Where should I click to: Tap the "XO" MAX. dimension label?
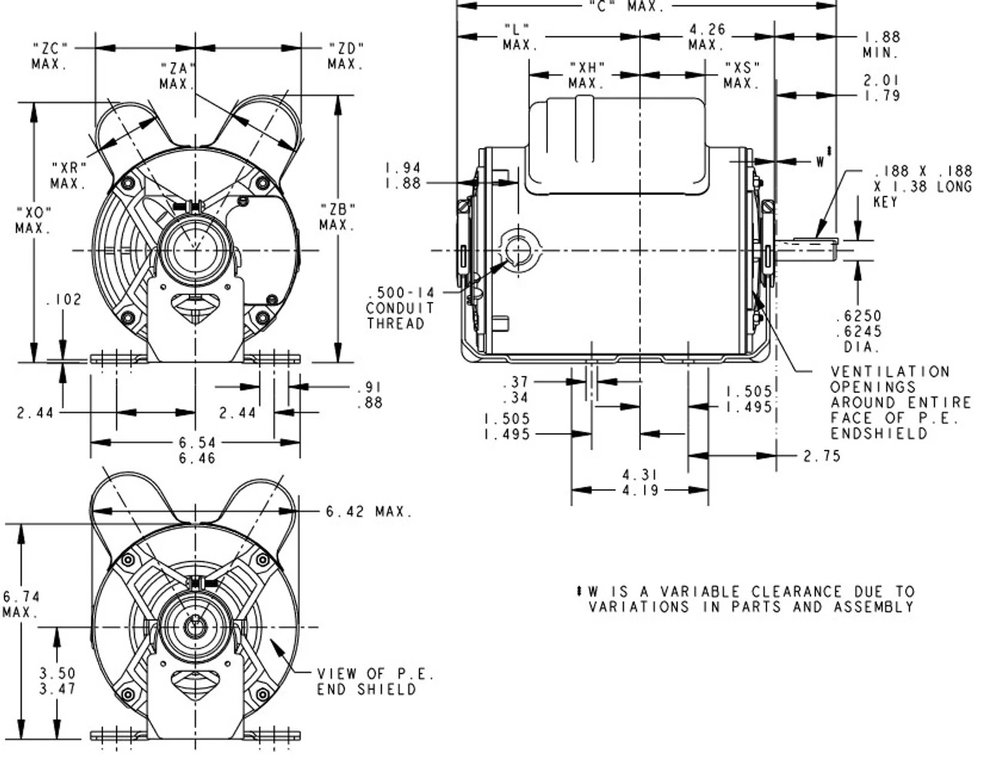point(32,220)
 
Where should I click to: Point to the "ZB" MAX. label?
point(337,217)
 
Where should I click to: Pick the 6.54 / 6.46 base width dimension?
point(196,450)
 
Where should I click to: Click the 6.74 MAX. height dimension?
point(20,604)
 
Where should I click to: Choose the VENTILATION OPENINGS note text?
point(900,402)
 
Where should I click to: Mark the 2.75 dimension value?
point(821,456)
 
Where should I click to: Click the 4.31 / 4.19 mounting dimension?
point(639,482)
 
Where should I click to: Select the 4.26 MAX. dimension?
point(707,38)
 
